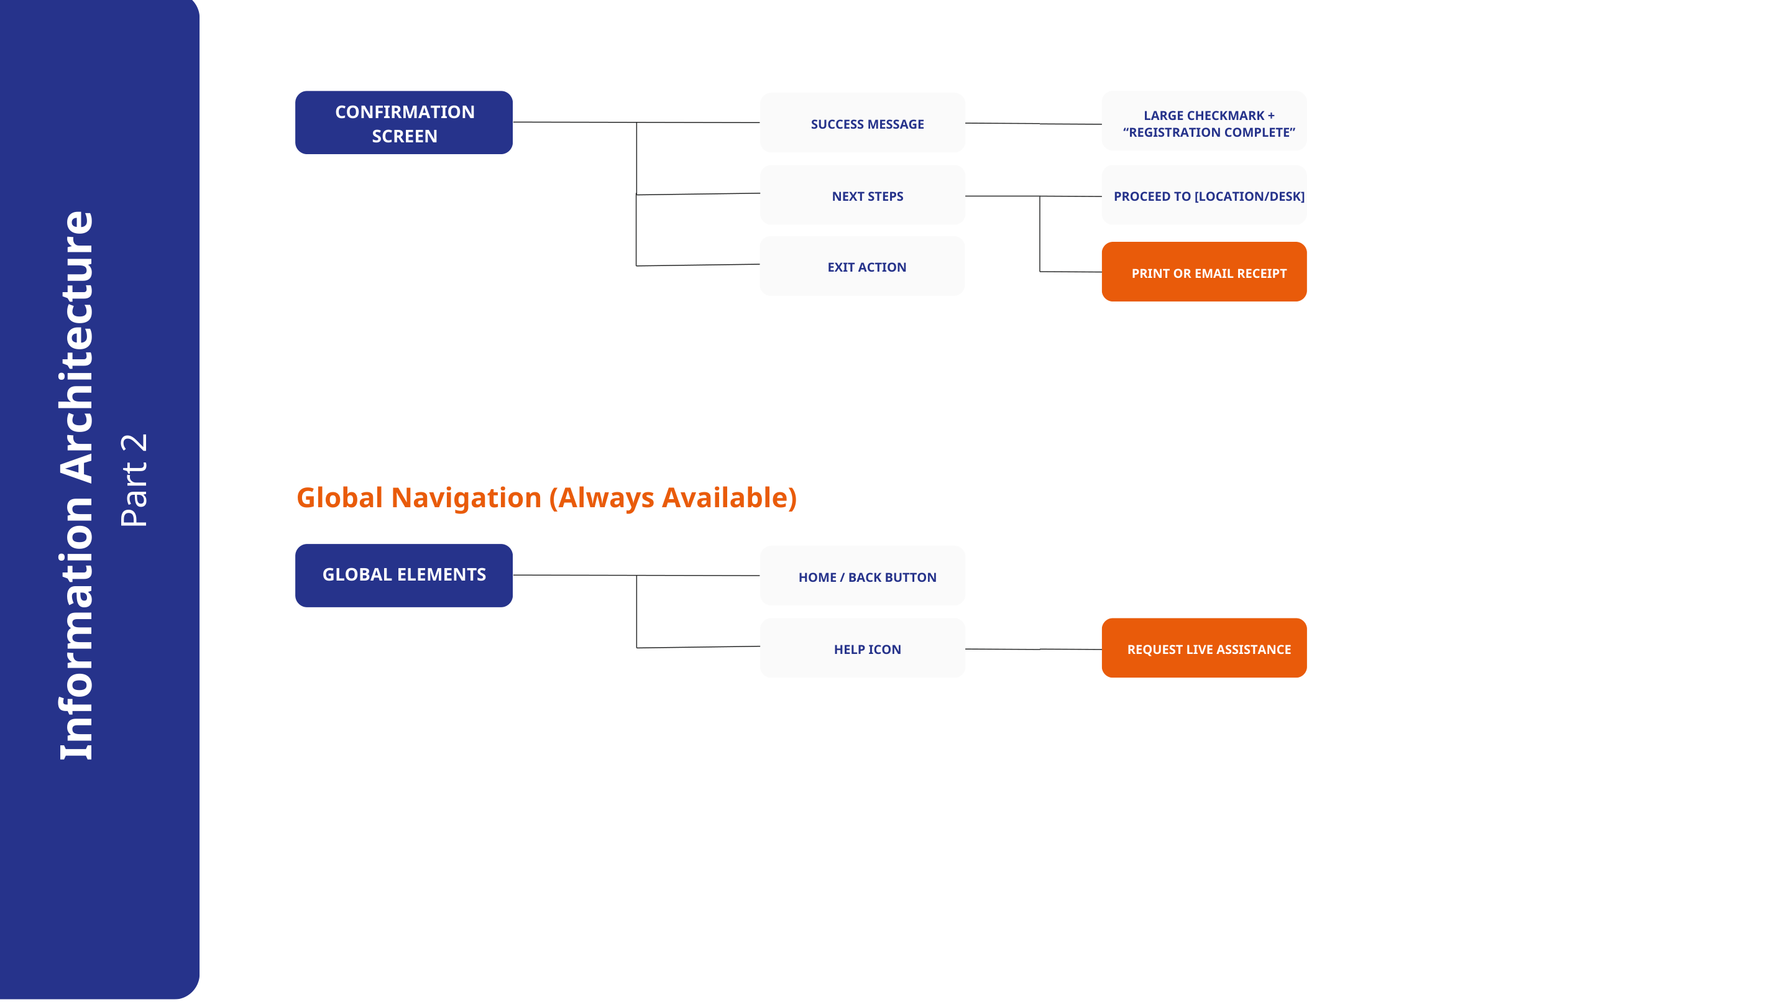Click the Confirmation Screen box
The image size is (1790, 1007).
pyautogui.click(x=404, y=122)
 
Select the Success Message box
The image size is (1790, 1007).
pyautogui.click(x=862, y=123)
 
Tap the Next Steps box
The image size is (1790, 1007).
pyautogui.click(x=862, y=195)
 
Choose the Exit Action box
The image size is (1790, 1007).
pyautogui.click(x=862, y=266)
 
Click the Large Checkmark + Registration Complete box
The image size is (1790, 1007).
pyautogui.click(x=1205, y=122)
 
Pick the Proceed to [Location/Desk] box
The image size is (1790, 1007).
pyautogui.click(x=1205, y=195)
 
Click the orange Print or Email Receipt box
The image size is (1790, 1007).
pyautogui.click(x=1205, y=272)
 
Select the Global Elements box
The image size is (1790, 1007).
pyautogui.click(x=404, y=576)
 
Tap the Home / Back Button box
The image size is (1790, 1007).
pyautogui.click(x=862, y=576)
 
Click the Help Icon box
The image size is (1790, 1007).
pyautogui.click(x=862, y=648)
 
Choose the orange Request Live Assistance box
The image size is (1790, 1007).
pyautogui.click(x=1205, y=648)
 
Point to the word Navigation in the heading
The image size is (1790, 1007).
pyautogui.click(x=466, y=499)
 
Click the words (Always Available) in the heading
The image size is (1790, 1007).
pyautogui.click(x=673, y=499)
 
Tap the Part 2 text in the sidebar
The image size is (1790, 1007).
pyautogui.click(x=134, y=481)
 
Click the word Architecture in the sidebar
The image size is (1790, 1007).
pyautogui.click(x=76, y=347)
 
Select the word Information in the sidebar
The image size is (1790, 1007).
pyautogui.click(x=76, y=628)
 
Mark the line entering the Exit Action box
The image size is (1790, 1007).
pyautogui.click(x=697, y=265)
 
